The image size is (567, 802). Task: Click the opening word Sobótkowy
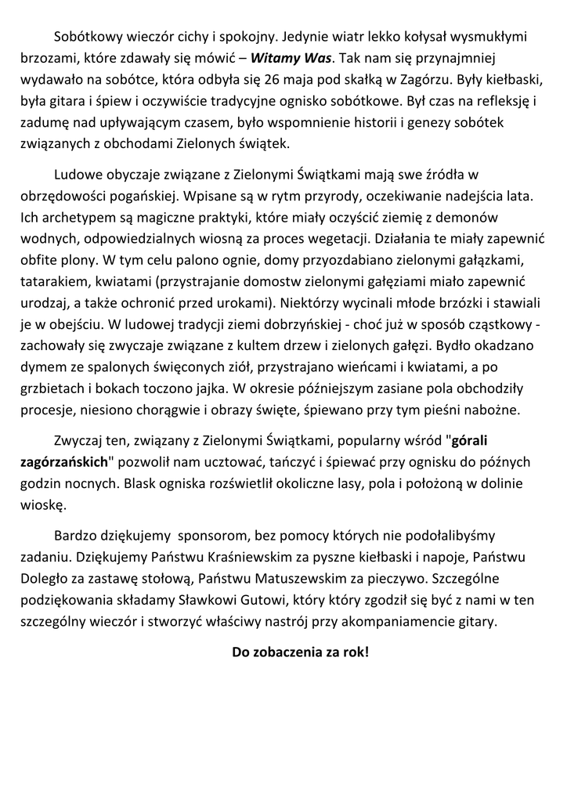[86, 37]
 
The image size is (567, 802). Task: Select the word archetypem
[74, 217]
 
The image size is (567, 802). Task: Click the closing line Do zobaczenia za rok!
[300, 652]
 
